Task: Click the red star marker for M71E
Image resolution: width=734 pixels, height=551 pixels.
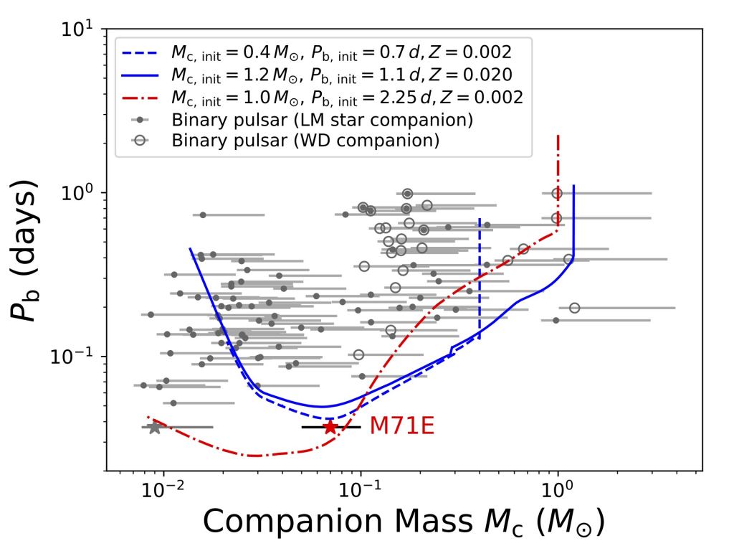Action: [x=330, y=427]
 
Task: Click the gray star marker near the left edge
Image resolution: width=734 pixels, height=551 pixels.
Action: [x=154, y=428]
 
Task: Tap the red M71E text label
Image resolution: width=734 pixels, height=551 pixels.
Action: [x=402, y=427]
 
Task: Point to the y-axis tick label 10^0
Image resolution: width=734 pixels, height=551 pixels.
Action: [x=79, y=193]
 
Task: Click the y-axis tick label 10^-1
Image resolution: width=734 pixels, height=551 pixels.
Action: [x=76, y=357]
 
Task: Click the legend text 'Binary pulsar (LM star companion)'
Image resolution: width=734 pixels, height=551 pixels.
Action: [x=321, y=120]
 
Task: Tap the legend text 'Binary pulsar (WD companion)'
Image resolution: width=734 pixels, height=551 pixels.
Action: [x=305, y=140]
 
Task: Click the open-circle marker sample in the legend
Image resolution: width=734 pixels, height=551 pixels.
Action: [x=142, y=140]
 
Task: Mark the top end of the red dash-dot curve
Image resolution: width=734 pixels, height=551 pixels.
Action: [x=558, y=135]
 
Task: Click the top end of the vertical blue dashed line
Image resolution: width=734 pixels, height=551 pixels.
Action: [x=480, y=219]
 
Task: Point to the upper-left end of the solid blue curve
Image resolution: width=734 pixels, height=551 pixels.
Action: [x=190, y=248]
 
